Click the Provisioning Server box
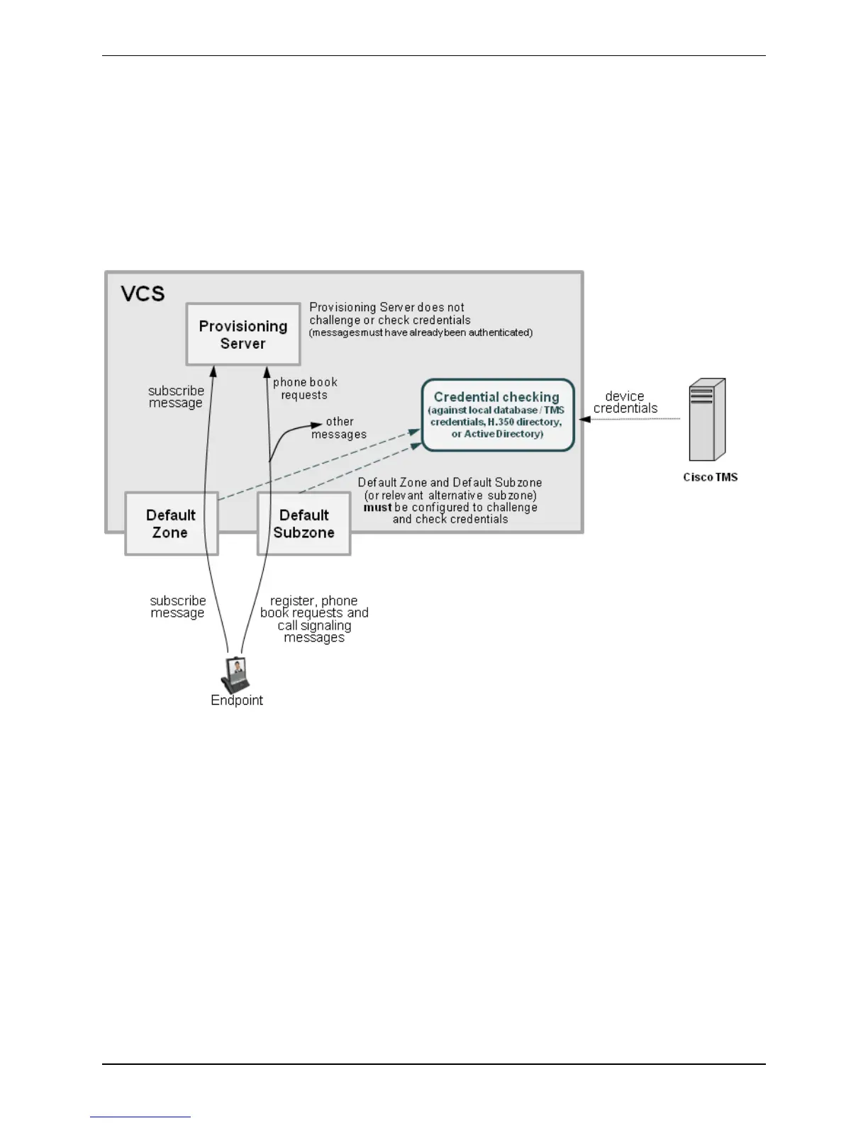pos(243,335)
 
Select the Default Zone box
pos(171,524)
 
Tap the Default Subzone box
pos(304,524)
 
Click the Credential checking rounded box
pos(497,415)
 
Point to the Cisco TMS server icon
pos(707,420)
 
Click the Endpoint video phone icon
pos(236,675)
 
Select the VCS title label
pos(143,294)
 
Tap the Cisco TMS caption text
pos(710,477)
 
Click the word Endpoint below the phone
pos(237,700)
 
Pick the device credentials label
pos(625,402)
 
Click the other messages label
pos(339,428)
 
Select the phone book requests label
pos(305,389)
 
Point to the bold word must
pos(377,508)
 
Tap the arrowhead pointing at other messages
pos(318,425)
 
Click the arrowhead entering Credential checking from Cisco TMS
pos(585,419)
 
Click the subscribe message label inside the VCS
pos(176,396)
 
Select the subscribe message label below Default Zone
pos(177,606)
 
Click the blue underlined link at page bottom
pos(140,1117)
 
